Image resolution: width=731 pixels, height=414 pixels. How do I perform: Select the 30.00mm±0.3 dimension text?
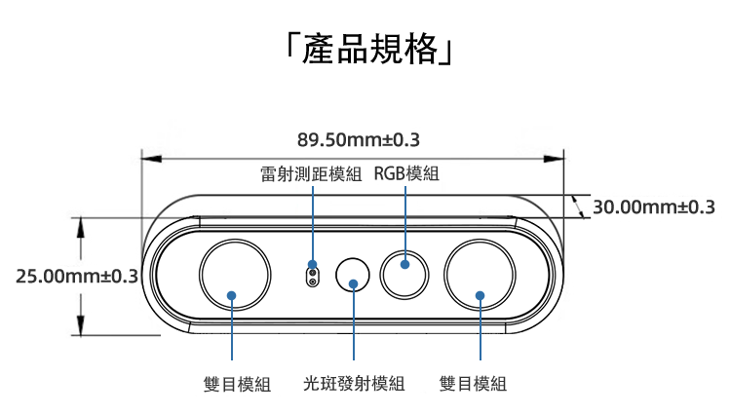(x=654, y=207)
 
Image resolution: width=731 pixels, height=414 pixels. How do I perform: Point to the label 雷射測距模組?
(x=311, y=175)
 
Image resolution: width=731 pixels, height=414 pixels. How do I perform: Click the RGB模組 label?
(x=406, y=175)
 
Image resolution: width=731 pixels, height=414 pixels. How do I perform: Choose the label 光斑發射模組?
(x=354, y=384)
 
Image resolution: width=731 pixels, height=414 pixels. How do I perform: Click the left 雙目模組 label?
(x=238, y=384)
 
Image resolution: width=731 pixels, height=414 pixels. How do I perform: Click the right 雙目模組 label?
(x=474, y=384)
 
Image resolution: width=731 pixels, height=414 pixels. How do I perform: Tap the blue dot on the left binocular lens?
(x=233, y=295)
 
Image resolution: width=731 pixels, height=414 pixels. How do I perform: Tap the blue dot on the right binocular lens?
(x=480, y=295)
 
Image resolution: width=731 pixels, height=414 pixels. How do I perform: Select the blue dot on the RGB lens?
(x=404, y=264)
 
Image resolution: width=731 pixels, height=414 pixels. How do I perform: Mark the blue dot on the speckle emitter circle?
(x=354, y=284)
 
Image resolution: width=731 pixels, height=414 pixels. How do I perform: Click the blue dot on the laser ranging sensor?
(x=312, y=265)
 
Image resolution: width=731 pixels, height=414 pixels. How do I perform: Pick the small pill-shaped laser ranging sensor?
(x=312, y=275)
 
